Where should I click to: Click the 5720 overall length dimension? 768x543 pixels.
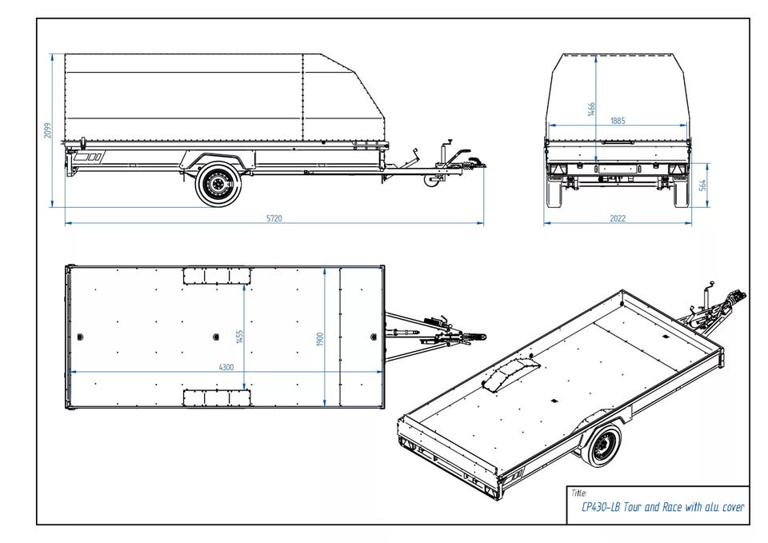click(274, 218)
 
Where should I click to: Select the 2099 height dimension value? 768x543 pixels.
click(47, 130)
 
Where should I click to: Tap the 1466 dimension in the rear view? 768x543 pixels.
click(591, 109)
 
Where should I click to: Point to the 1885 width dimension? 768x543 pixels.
click(617, 121)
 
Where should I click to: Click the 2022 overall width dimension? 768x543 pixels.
click(617, 218)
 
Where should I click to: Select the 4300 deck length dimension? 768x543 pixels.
click(226, 367)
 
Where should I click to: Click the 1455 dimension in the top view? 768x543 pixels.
click(239, 337)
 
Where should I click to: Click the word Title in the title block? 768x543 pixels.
click(579, 493)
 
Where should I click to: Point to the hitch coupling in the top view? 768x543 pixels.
click(475, 337)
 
